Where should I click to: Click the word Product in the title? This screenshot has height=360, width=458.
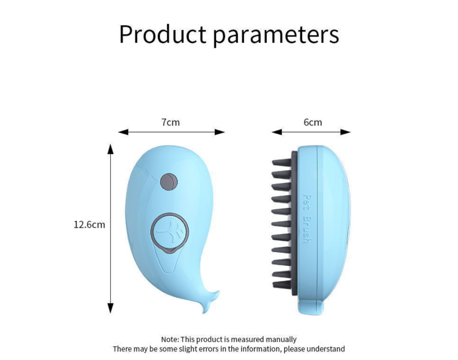(x=163, y=34)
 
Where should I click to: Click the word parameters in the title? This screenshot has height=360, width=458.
(x=276, y=36)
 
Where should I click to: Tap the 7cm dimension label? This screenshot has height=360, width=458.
(x=171, y=122)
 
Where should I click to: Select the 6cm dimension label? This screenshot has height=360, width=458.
(x=313, y=122)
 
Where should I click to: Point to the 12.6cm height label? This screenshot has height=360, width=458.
(x=89, y=225)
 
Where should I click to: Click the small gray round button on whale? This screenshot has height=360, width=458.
(x=168, y=182)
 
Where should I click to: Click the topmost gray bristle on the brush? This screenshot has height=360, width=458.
(x=281, y=162)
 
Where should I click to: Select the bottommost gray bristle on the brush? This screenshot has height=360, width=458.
(x=282, y=285)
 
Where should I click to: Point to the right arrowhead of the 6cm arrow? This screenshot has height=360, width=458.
(x=346, y=132)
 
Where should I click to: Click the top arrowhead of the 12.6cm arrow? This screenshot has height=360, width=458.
(x=110, y=149)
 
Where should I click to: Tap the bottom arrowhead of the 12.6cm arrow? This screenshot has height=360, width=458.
(x=110, y=308)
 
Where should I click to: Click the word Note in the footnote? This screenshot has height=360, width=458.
(x=170, y=340)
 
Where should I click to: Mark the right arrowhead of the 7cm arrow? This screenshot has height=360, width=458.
(x=220, y=132)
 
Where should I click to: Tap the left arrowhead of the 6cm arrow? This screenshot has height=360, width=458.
(x=277, y=132)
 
